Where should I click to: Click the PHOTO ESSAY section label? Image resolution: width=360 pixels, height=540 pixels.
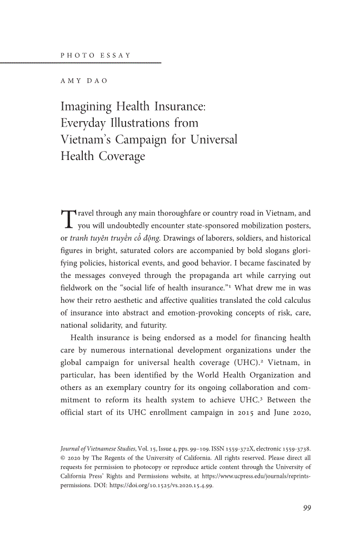(94, 55)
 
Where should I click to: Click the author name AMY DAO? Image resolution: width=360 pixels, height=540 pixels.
(83, 81)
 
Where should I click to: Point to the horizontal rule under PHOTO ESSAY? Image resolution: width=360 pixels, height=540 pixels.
(81, 62)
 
